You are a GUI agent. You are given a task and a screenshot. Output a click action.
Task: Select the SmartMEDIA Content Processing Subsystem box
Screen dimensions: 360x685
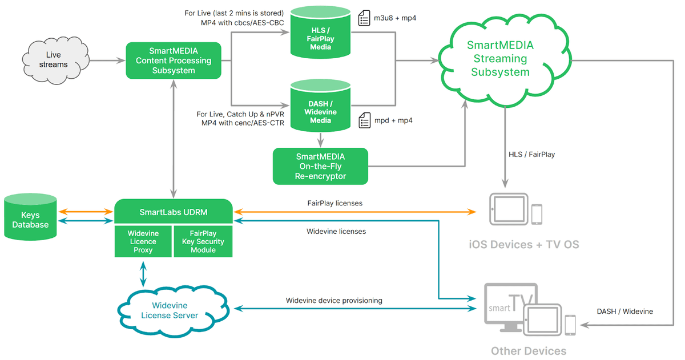tap(174, 60)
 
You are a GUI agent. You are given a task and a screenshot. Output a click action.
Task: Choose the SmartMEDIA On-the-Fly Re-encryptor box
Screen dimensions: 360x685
tap(320, 167)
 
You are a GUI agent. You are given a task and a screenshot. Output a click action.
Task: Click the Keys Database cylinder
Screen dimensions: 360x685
tap(31, 219)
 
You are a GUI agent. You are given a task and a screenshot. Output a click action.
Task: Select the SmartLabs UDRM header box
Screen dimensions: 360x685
tap(174, 212)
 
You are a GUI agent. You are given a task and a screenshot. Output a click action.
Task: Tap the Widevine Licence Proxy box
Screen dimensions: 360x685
tap(143, 242)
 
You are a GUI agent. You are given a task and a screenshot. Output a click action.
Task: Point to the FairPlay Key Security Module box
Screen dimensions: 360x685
tap(203, 242)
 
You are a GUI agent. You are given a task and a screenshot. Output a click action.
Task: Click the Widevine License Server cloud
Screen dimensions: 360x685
tap(170, 310)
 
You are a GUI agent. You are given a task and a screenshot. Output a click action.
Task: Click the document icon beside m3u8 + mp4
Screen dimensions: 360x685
tap(364, 18)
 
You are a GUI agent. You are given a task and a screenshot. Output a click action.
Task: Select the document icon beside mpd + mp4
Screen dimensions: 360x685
tap(364, 120)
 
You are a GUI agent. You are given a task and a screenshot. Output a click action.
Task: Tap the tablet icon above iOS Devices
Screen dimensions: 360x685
tap(508, 209)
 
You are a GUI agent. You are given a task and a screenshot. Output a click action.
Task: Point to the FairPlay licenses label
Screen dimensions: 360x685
tap(335, 203)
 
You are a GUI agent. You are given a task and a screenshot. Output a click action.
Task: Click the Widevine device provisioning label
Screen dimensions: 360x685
tap(334, 300)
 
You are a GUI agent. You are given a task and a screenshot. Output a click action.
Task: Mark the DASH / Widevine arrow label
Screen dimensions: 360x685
tap(624, 312)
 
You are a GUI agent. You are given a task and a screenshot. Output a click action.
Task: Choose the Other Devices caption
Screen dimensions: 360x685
tap(529, 351)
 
